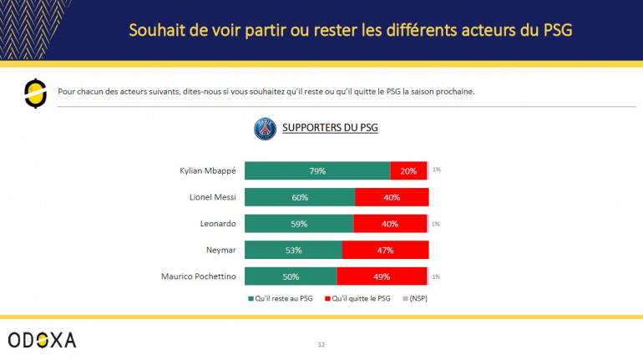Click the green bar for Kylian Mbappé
[x=317, y=171]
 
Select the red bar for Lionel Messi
[x=392, y=198]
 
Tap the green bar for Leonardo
[x=299, y=224]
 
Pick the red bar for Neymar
[x=385, y=250]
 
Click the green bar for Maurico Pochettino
[x=291, y=276]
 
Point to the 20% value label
[x=408, y=171]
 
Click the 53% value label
[x=293, y=250]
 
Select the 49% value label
[x=382, y=276]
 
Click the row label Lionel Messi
[x=214, y=198]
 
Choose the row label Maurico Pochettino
[x=199, y=276]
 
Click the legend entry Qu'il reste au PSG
[x=280, y=298]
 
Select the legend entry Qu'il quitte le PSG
[x=360, y=298]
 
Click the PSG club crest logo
[x=265, y=129]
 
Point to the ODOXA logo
[x=42, y=339]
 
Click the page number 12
[x=321, y=343]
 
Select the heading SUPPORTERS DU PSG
[x=330, y=129]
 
